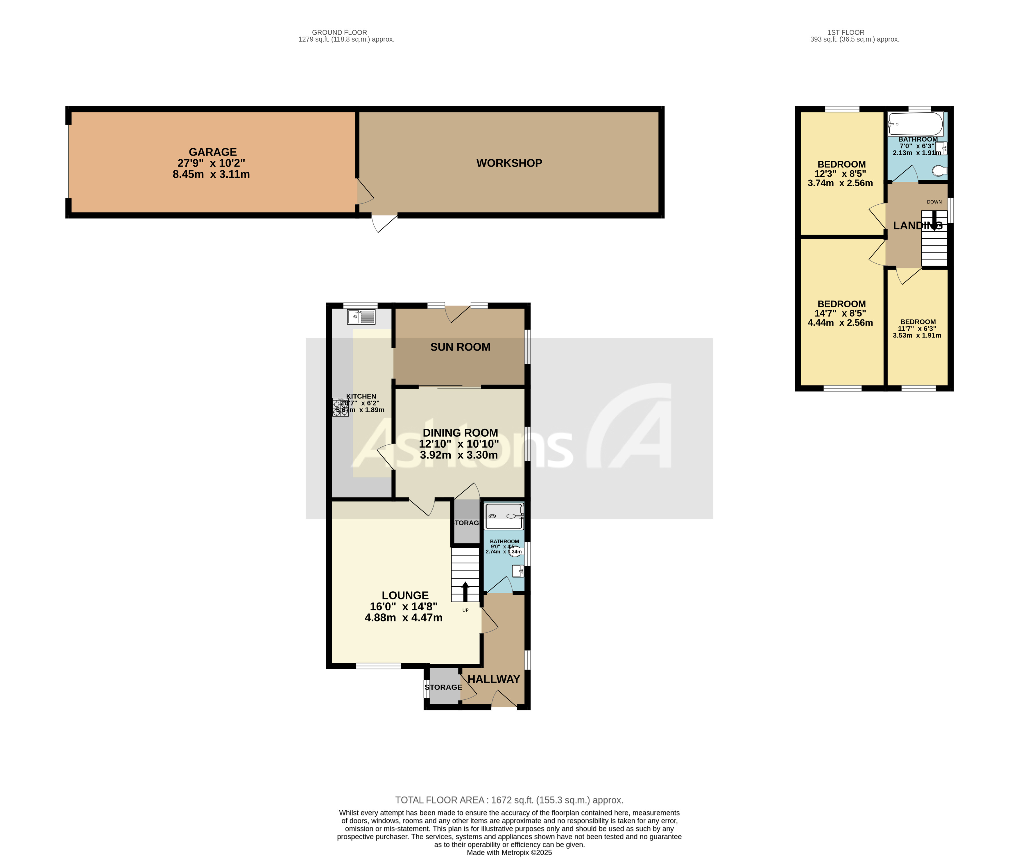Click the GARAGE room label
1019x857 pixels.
[x=213, y=152]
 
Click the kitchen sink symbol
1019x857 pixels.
[x=361, y=317]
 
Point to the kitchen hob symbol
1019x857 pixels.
[x=340, y=407]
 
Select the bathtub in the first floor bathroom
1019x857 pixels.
[x=915, y=124]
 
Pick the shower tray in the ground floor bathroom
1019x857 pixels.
[x=504, y=516]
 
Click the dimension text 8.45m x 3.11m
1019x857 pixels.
[x=211, y=174]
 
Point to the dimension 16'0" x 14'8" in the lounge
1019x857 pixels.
[x=403, y=606]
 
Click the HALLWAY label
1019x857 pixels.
[x=493, y=679]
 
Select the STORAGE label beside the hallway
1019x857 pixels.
[x=443, y=687]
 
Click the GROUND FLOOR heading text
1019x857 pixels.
[x=339, y=33]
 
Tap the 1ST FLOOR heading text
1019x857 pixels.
[x=846, y=33]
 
